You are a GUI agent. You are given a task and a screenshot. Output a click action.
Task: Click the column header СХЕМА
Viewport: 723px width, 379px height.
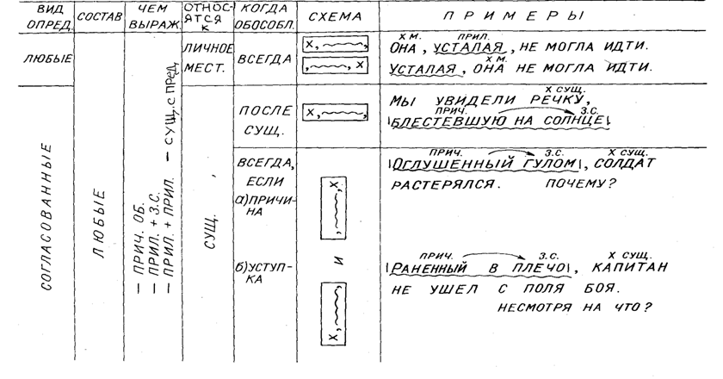[334, 16]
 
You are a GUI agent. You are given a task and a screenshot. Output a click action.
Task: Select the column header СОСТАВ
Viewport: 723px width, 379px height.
[99, 17]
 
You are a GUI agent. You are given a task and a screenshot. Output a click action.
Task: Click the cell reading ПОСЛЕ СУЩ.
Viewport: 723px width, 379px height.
[260, 119]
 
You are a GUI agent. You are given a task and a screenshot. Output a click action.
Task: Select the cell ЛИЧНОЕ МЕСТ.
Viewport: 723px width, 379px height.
[204, 59]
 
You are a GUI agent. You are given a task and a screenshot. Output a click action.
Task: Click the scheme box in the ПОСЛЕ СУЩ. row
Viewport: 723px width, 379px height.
[336, 111]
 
